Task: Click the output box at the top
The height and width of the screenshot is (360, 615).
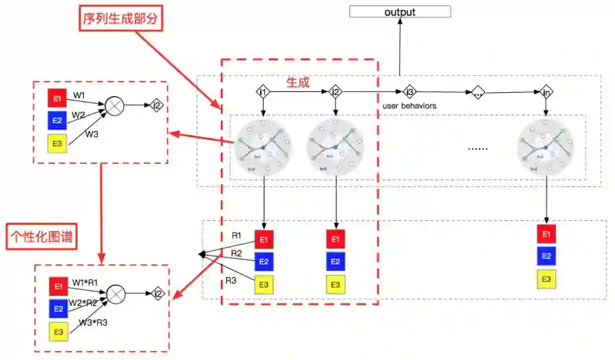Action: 400,12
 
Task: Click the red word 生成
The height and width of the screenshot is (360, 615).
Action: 298,83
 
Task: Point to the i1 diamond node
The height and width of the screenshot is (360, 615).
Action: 263,91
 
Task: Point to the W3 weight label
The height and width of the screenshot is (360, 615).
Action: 92,134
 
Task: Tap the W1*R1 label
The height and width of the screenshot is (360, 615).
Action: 85,282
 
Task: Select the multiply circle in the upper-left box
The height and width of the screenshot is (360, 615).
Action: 116,106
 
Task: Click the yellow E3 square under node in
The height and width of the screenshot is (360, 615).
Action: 546,279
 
